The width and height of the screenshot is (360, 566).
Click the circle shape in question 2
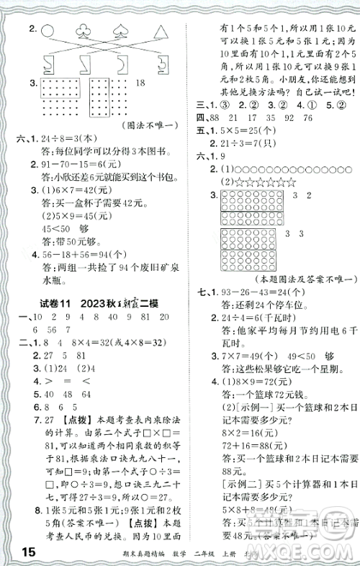pos(48,30)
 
